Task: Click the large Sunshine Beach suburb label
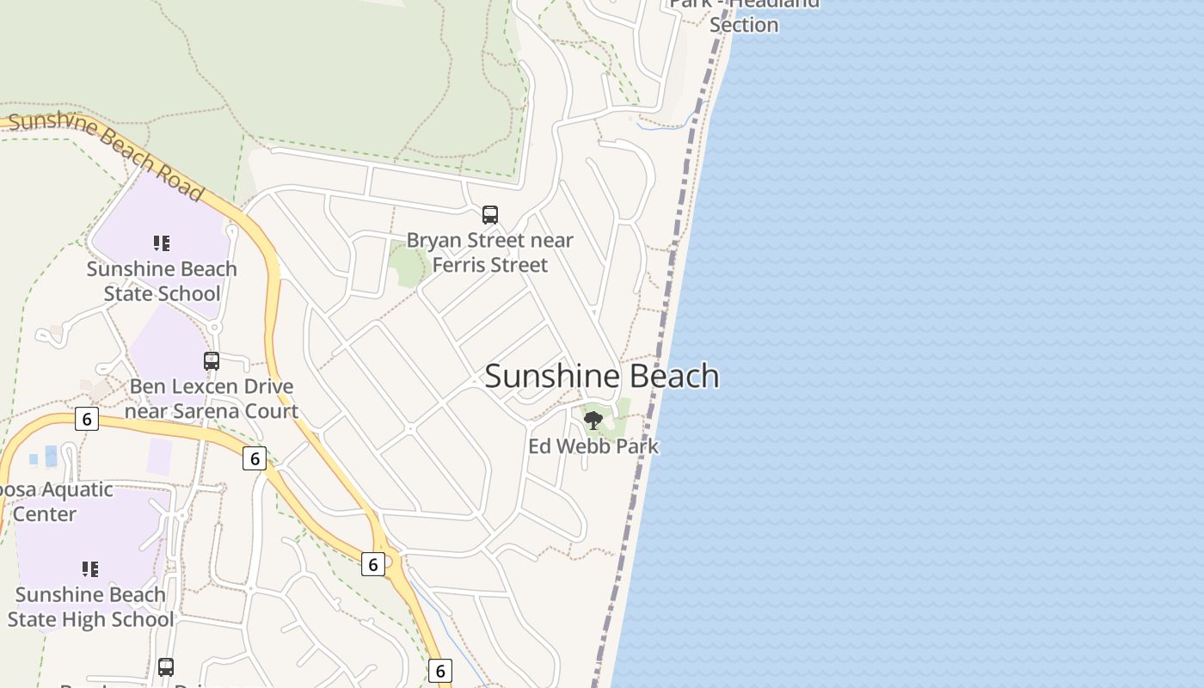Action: click(x=602, y=376)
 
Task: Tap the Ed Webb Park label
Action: click(x=593, y=446)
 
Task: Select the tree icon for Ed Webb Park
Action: click(x=593, y=421)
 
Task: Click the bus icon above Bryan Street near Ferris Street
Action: click(x=490, y=215)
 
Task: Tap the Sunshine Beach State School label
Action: click(x=162, y=281)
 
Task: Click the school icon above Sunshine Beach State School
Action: click(x=162, y=243)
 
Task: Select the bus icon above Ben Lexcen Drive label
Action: click(x=212, y=361)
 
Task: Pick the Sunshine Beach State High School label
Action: click(x=90, y=607)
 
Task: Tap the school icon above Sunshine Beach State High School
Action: click(x=90, y=568)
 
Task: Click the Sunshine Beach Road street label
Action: click(x=107, y=154)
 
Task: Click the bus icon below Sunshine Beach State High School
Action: click(x=166, y=666)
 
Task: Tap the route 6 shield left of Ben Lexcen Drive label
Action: click(x=86, y=419)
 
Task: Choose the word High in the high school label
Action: click(x=112, y=619)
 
